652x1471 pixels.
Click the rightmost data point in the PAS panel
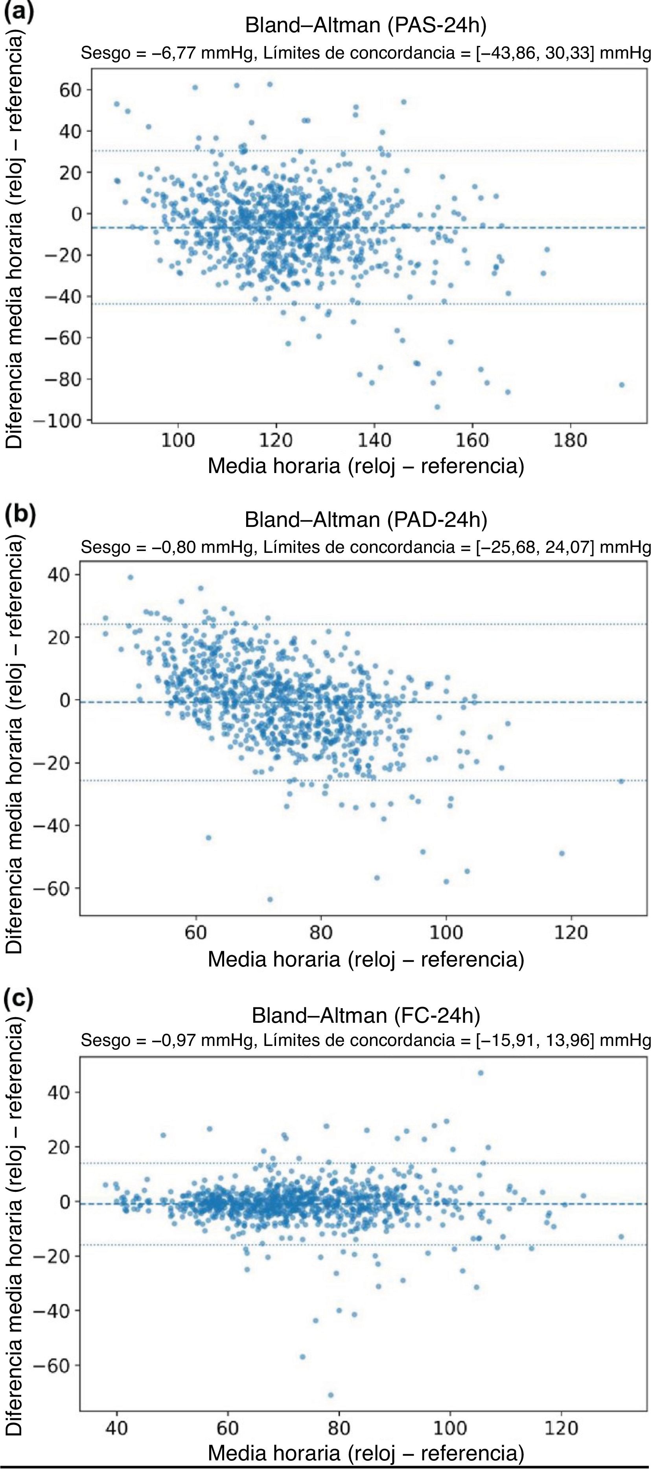click(x=621, y=385)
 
